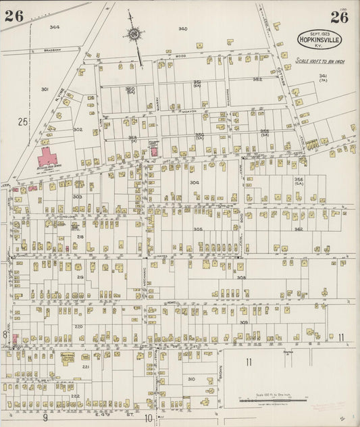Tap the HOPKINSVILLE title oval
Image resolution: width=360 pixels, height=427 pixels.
point(319,39)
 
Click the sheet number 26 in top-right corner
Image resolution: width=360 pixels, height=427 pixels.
point(339,17)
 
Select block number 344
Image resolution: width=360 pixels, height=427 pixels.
point(54,27)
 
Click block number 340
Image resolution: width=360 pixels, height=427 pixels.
point(182,28)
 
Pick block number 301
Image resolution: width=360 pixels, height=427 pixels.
point(45,89)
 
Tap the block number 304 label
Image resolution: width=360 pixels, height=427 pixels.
point(194,182)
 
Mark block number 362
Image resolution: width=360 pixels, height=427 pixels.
point(298,229)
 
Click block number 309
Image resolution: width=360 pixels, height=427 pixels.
point(243,322)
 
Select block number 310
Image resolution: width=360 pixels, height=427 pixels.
point(191,379)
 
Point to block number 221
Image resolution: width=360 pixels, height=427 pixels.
point(86,366)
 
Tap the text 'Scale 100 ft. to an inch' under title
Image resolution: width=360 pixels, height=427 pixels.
point(320,62)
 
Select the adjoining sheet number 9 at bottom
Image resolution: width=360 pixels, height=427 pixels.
point(46,418)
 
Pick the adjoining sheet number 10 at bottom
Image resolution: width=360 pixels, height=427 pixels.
point(147,418)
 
